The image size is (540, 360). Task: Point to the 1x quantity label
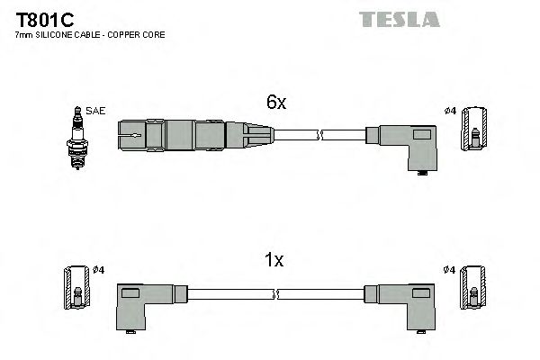click(274, 260)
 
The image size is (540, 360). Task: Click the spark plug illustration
click(77, 135)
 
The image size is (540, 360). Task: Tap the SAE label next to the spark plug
click(96, 111)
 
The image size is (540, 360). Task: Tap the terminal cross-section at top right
click(474, 131)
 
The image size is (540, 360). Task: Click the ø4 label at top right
click(451, 111)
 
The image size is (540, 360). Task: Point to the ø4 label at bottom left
click(99, 269)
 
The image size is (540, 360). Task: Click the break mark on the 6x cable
click(320, 136)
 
